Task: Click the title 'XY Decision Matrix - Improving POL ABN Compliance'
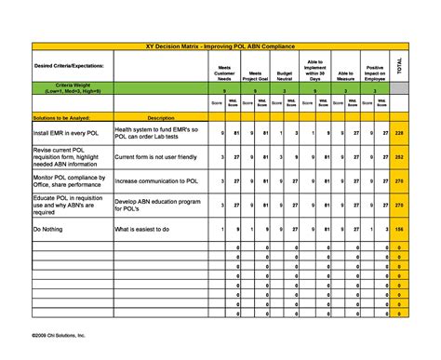[x=220, y=45]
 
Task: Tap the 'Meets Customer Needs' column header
[x=224, y=73]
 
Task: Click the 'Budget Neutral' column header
[x=286, y=74]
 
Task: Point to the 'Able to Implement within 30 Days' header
[x=314, y=69]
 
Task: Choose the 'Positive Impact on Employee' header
[x=375, y=73]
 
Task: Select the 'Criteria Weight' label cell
[x=59, y=89]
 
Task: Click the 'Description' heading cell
[x=161, y=118]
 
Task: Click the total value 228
[x=399, y=134]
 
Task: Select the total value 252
[x=399, y=158]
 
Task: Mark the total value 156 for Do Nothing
[x=399, y=228]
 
